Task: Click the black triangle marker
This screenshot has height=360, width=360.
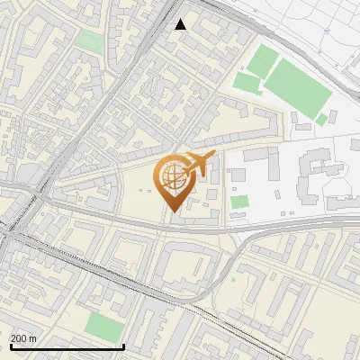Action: coord(181,24)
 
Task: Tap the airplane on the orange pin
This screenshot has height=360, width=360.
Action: coord(200,164)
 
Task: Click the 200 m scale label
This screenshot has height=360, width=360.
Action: coord(23,338)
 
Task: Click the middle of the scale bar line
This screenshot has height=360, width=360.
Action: coord(67,346)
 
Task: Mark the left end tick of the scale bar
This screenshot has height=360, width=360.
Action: coord(10,346)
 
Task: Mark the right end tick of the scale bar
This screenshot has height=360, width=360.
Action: coord(123,346)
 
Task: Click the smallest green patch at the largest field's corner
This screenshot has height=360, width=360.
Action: coord(321,119)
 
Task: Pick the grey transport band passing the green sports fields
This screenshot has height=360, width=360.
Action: coord(270,36)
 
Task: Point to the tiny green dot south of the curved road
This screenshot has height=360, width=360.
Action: coord(232,278)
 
